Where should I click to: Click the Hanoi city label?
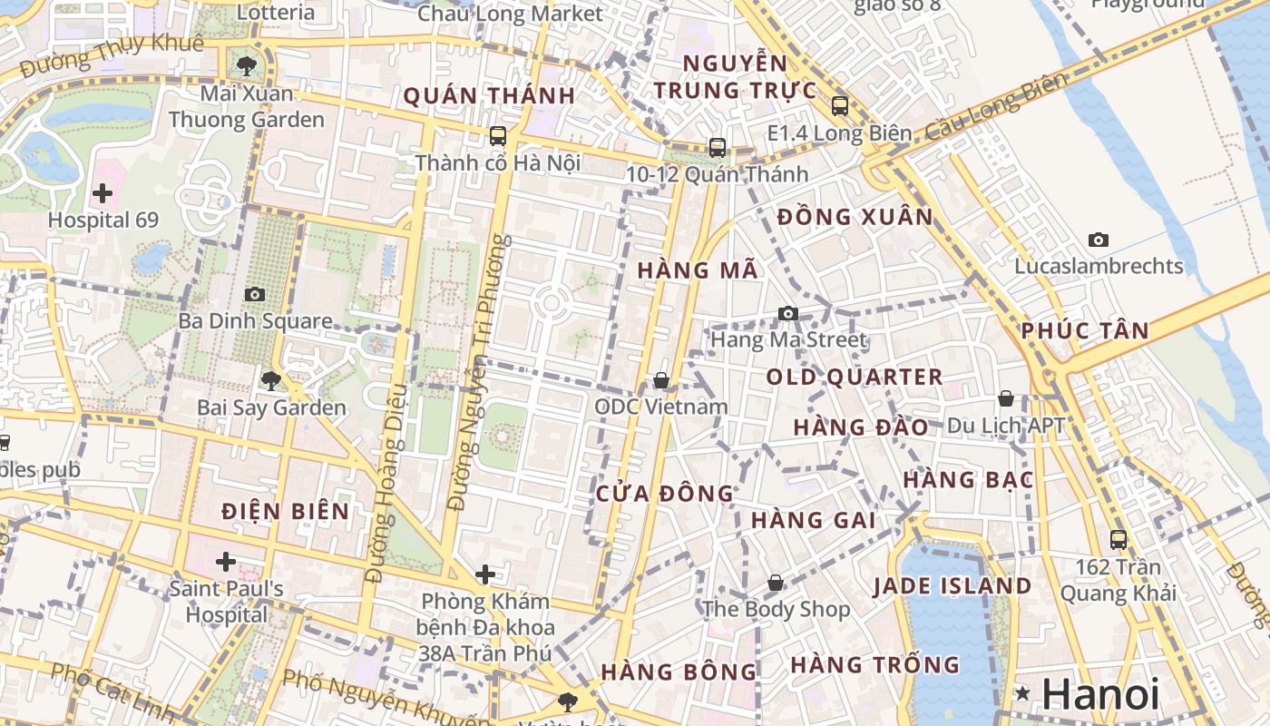1100,694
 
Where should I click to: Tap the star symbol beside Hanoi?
1023,694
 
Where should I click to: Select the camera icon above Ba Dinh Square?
255,294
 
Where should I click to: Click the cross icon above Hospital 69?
103,192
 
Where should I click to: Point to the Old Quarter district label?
855,377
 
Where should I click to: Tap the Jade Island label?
952,585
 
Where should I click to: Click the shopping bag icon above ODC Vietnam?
661,380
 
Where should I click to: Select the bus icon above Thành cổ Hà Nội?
498,136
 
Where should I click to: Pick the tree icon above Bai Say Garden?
270,381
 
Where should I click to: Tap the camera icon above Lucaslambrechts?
1099,240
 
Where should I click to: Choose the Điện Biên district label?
286,511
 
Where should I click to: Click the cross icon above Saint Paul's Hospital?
226,562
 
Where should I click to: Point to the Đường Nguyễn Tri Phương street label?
475,372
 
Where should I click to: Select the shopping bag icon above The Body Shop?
776,583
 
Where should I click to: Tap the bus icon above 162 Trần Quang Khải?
1119,540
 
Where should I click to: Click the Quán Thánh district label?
489,96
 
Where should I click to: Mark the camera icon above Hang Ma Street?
788,314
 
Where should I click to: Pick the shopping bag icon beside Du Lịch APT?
1006,398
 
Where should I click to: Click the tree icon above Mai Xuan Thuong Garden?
246,65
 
